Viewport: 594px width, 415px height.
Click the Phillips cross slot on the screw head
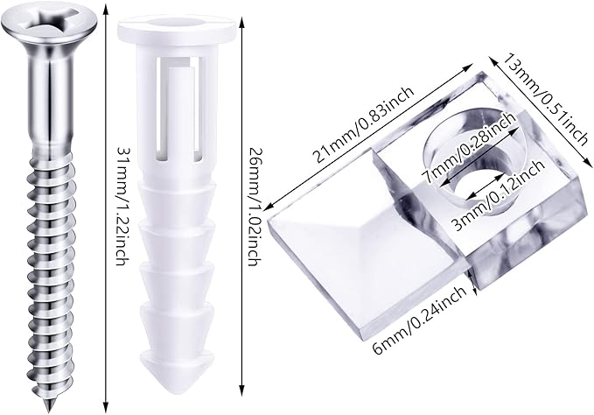[x=48, y=23]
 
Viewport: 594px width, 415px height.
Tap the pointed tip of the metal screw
[x=48, y=411]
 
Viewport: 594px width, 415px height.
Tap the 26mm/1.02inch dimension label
[x=253, y=206]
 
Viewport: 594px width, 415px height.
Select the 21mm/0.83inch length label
[x=363, y=124]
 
